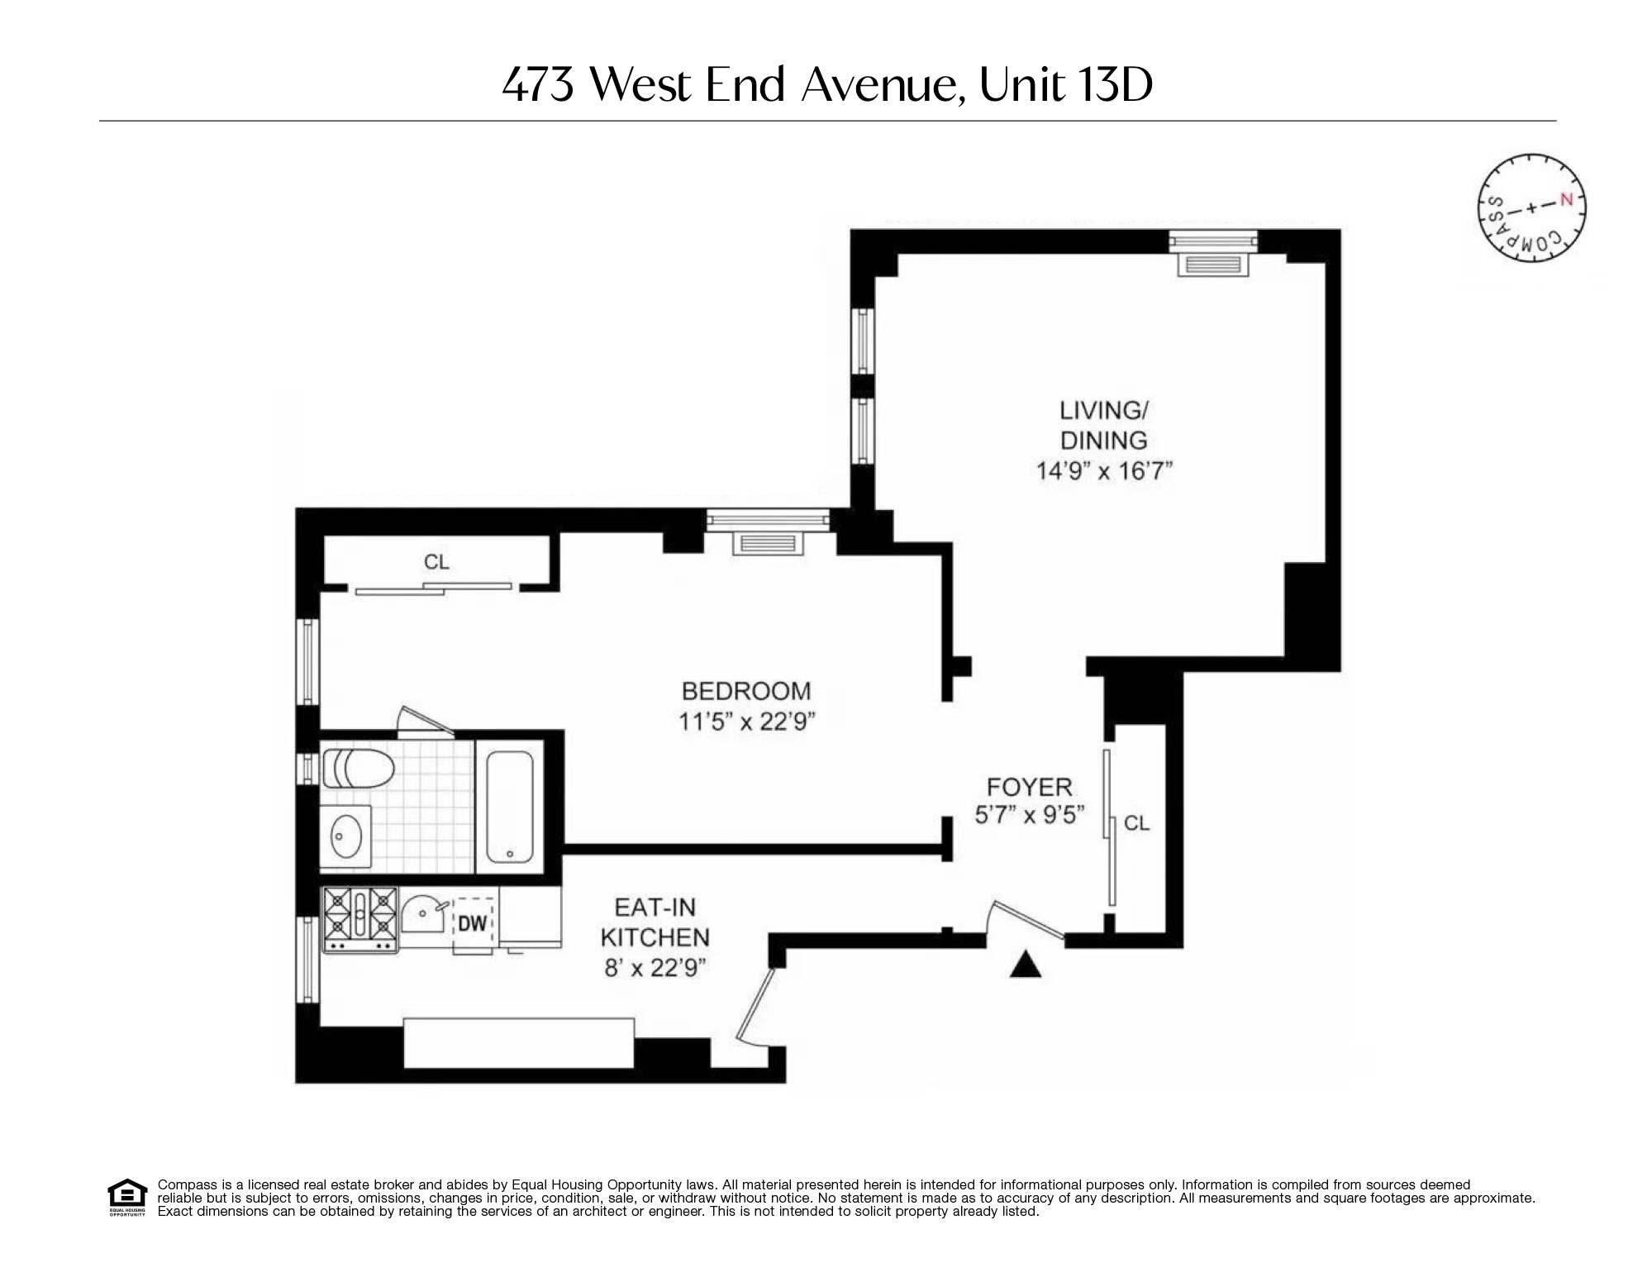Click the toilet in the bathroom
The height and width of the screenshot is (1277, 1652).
pyautogui.click(x=357, y=768)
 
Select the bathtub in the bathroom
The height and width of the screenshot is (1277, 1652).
pyautogui.click(x=509, y=807)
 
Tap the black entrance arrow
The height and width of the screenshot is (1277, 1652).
pyautogui.click(x=1025, y=965)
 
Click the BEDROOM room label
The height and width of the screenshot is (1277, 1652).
pyautogui.click(x=745, y=691)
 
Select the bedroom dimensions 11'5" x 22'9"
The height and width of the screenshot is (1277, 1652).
pyautogui.click(x=746, y=722)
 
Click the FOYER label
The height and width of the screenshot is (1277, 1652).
pyautogui.click(x=1029, y=786)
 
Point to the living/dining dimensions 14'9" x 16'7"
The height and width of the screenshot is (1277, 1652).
pyautogui.click(x=1104, y=471)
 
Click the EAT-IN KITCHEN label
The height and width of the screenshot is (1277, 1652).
pyautogui.click(x=655, y=922)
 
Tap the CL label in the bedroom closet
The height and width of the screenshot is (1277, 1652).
pyautogui.click(x=436, y=562)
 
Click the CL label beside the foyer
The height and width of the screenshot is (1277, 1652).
pyautogui.click(x=1136, y=823)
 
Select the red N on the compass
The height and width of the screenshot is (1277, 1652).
pyautogui.click(x=1565, y=199)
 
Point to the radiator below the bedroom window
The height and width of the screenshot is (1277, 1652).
pyautogui.click(x=768, y=543)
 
